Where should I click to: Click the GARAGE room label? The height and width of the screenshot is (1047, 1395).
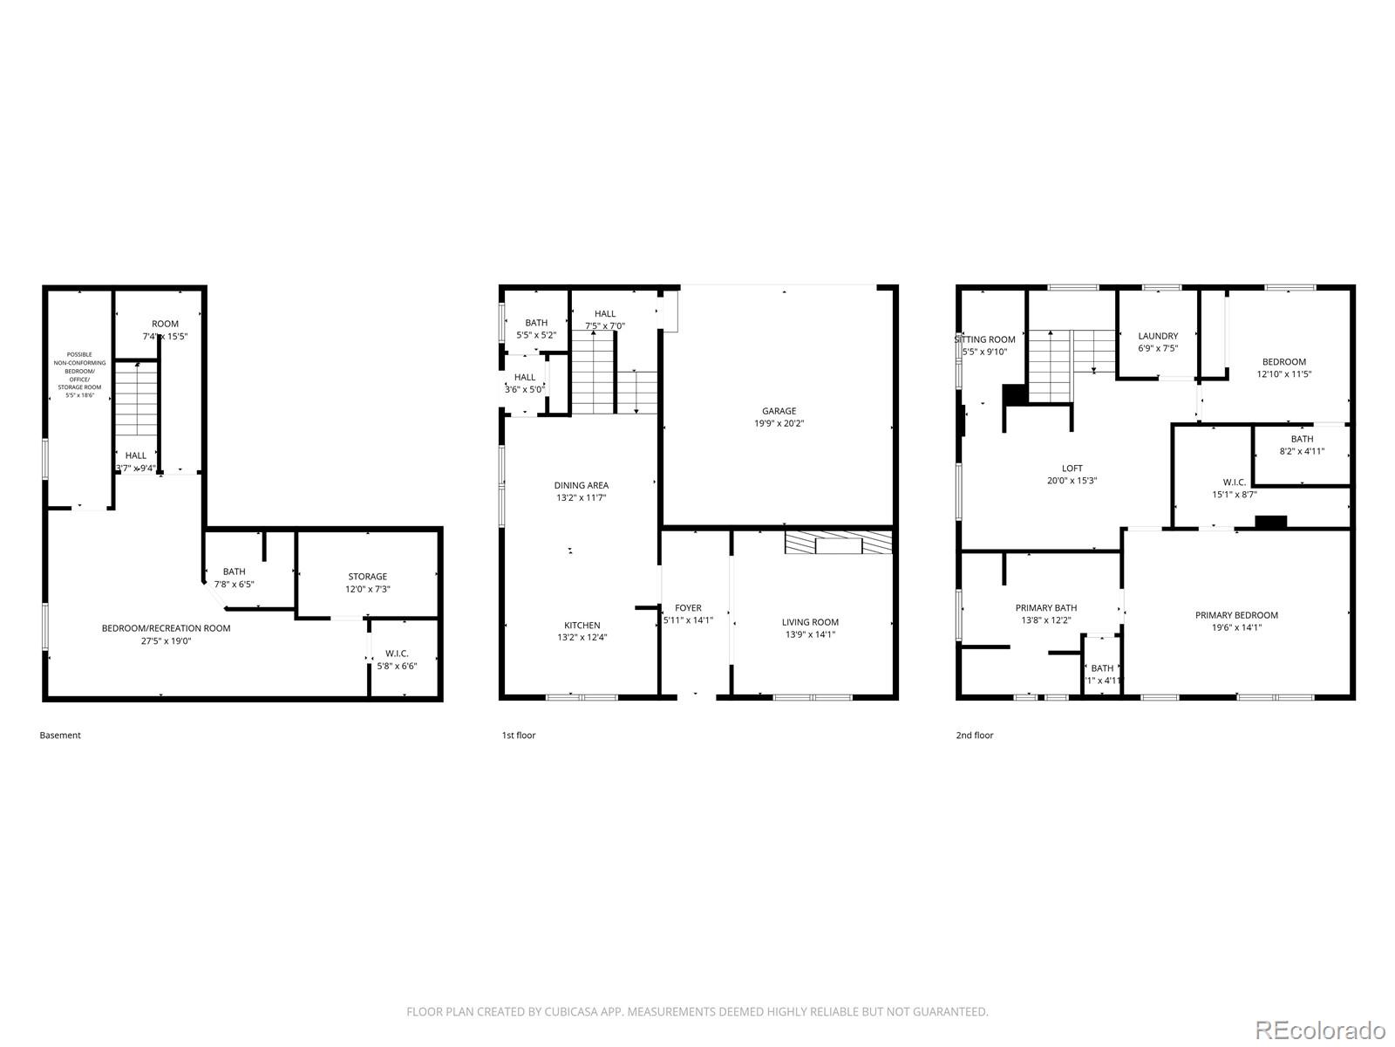779,411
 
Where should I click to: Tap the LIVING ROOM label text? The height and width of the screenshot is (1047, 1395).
810,622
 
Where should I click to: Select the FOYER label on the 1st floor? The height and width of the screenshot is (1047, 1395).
688,608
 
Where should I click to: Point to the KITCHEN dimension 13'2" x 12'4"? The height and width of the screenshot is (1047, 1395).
582,638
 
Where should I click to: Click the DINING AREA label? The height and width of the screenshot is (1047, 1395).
581,485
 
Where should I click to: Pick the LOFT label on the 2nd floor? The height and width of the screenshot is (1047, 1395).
1072,469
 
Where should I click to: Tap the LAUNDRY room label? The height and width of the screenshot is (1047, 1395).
1158,336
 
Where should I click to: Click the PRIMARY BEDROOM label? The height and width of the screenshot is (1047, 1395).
1236,615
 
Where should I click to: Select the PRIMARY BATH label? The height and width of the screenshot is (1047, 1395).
1045,608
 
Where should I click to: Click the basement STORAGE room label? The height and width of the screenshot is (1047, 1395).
367,577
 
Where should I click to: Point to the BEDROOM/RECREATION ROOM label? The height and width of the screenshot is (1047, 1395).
166,628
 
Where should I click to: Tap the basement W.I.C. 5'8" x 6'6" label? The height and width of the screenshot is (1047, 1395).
397,660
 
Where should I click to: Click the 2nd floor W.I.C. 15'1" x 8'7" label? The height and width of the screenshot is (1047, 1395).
1234,488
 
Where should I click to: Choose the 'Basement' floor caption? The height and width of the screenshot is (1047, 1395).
60,736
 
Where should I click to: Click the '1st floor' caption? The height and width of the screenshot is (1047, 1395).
518,736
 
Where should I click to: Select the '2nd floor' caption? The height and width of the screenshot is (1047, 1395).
974,736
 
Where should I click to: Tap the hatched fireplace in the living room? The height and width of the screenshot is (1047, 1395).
838,544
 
